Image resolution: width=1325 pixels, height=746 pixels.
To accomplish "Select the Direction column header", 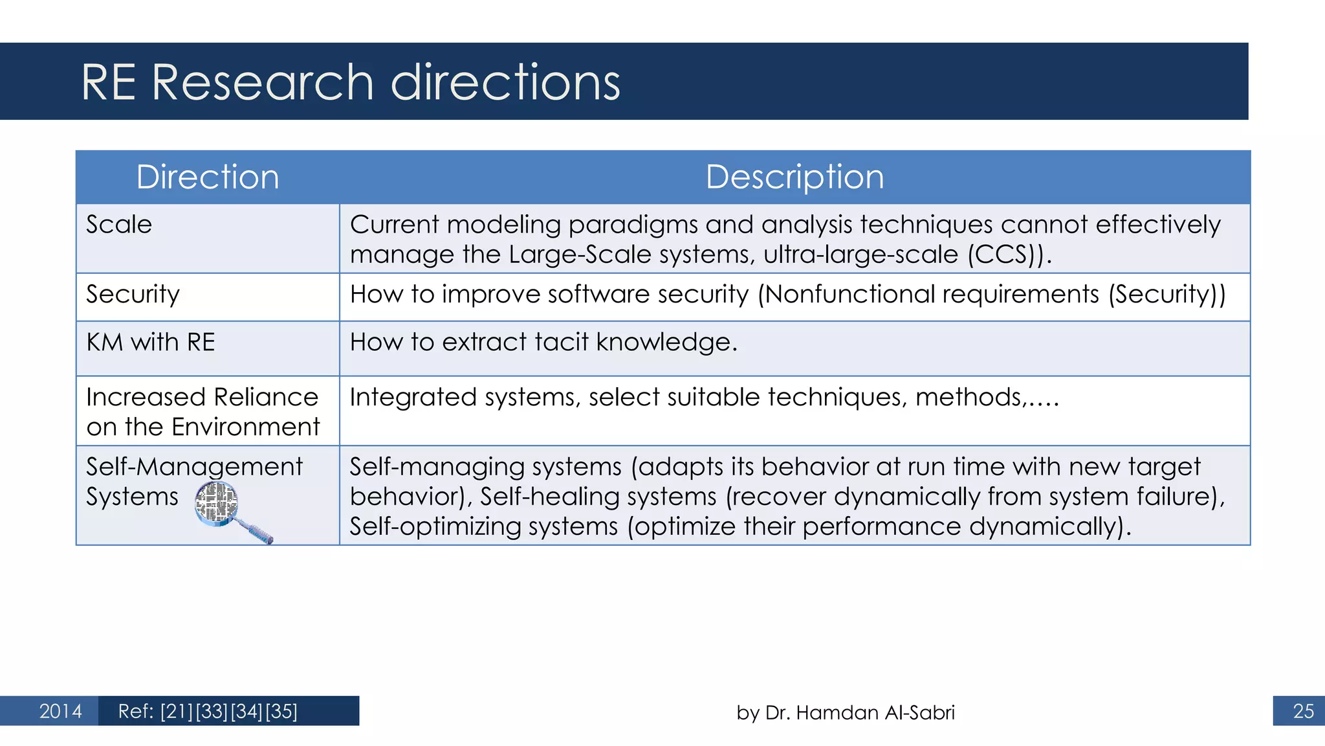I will coord(208,177).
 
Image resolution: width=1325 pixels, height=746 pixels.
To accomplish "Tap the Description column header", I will coord(794,177).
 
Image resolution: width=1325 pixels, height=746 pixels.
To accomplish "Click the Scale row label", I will coord(119,225).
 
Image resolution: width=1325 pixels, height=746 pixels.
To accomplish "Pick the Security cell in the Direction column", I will coord(133,295).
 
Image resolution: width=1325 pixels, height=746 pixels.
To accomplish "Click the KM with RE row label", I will coord(150,342).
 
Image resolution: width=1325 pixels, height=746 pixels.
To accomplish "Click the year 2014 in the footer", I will coord(60,711).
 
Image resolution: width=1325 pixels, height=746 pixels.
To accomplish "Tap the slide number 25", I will coord(1303,711).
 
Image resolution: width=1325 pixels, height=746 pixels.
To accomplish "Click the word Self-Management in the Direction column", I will coord(194,467).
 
